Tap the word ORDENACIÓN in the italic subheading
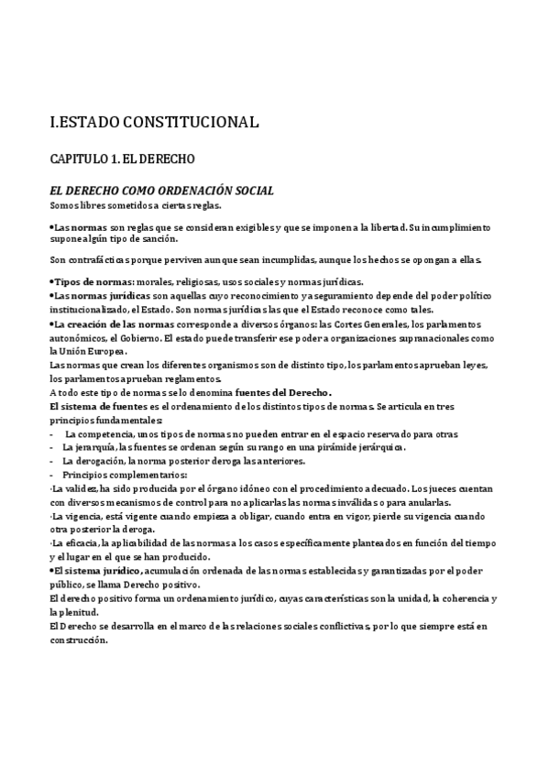point(199,191)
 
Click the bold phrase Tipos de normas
point(93,281)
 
